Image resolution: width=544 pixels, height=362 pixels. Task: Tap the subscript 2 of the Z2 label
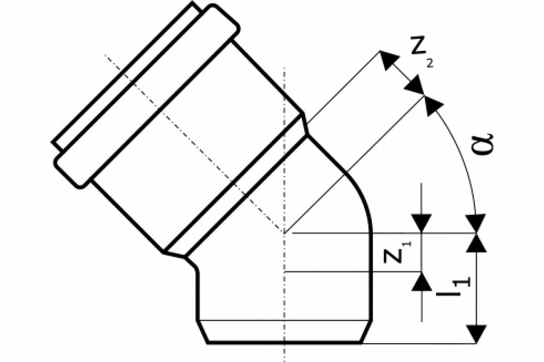pyautogui.click(x=429, y=64)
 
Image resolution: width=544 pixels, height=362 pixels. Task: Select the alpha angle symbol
pyautogui.click(x=483, y=144)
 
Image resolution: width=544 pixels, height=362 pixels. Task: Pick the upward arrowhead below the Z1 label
pyautogui.click(x=422, y=281)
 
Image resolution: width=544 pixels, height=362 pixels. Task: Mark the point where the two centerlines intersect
pyautogui.click(x=284, y=233)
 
